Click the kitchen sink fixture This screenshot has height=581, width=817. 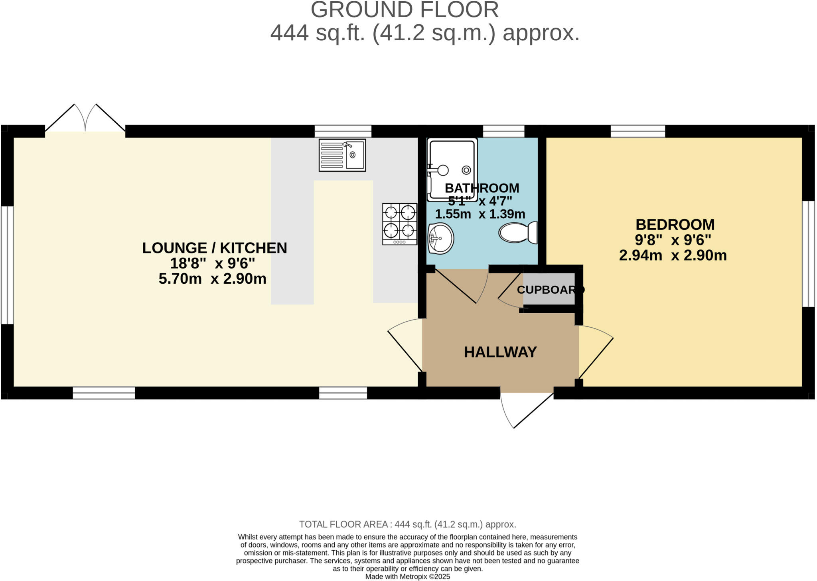tap(342, 155)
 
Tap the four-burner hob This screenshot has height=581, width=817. tap(400, 224)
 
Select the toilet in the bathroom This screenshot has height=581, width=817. tap(518, 233)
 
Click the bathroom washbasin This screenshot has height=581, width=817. tap(441, 238)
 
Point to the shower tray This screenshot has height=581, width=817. tap(452, 170)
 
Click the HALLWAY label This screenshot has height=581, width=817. tap(500, 352)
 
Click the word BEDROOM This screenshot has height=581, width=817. tap(675, 225)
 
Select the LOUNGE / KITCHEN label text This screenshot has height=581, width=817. tap(215, 248)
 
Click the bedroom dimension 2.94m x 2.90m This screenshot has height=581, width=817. tap(673, 255)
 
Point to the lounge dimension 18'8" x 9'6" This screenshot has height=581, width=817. tap(212, 263)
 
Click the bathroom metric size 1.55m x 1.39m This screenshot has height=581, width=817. tap(480, 214)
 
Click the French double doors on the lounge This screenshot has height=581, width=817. tap(85, 119)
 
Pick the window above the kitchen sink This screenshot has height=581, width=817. tap(343, 131)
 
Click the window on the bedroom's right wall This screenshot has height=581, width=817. tap(809, 253)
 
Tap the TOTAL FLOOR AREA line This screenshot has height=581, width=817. tap(407, 524)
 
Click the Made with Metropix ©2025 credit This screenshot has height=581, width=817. tap(407, 577)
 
